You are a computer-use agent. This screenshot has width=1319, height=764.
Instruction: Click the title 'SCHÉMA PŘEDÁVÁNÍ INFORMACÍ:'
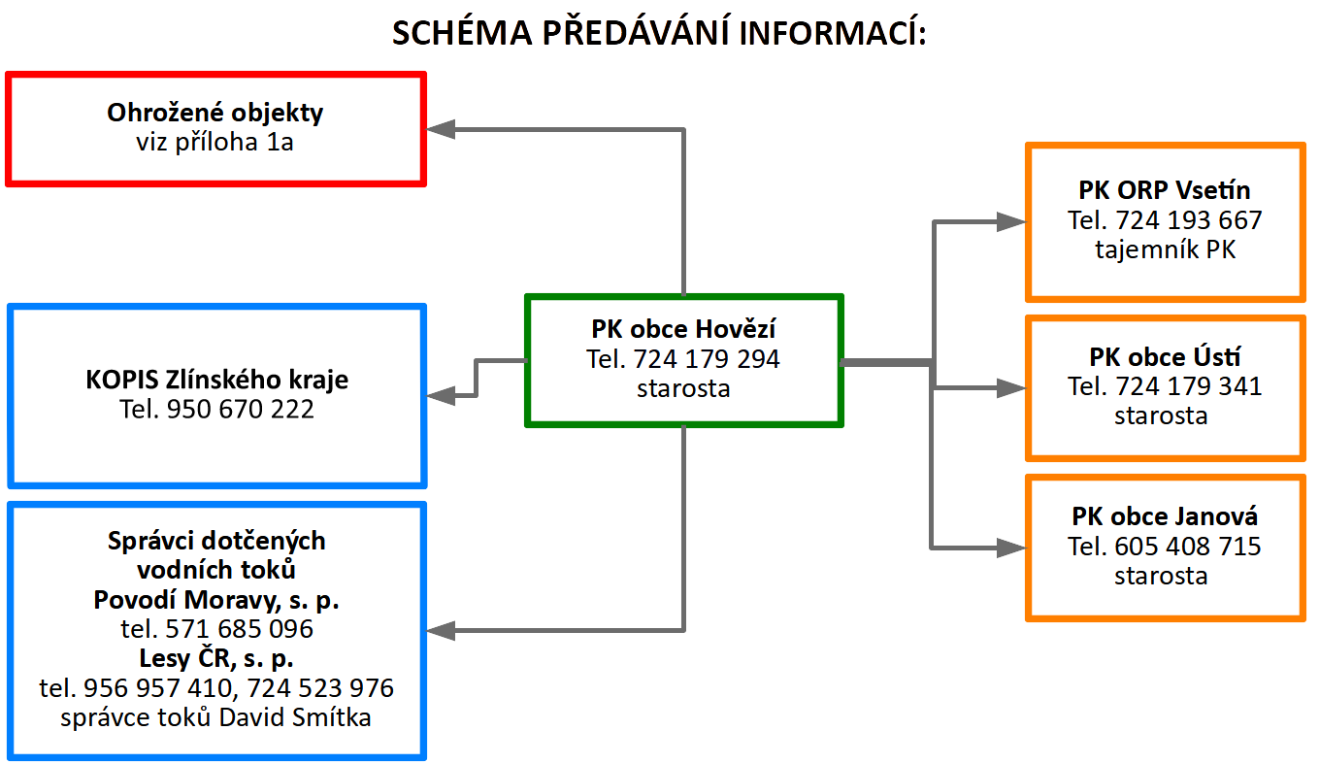coord(659,32)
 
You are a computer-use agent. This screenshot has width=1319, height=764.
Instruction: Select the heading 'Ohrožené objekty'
coord(214,113)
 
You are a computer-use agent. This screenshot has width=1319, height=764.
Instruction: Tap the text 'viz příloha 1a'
coord(214,143)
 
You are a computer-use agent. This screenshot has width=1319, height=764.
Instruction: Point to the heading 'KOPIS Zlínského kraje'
coord(216,380)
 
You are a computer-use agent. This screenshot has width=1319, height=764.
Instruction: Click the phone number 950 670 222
coord(241,410)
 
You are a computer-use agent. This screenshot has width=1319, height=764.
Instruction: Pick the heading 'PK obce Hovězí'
coord(683,329)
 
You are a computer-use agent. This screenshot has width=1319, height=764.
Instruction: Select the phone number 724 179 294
coord(706,359)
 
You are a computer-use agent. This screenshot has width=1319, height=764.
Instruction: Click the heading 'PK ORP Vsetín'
coord(1164,190)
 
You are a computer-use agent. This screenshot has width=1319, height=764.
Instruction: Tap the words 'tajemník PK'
coord(1165,249)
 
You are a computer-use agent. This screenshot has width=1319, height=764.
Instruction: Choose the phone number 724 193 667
coord(1188,220)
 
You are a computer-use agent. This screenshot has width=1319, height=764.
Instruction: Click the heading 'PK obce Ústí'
coord(1164,357)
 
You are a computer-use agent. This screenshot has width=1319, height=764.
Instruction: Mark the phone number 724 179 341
coord(1188,386)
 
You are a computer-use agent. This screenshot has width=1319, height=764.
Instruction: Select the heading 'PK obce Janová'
coord(1164,516)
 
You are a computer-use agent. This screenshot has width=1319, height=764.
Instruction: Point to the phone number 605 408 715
coord(1187,547)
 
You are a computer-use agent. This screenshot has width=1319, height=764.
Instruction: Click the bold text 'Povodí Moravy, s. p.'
coord(216,600)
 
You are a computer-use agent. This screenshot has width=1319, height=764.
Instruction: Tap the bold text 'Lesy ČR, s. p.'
coord(216,658)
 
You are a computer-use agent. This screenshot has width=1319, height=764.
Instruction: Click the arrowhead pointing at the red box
coord(441,129)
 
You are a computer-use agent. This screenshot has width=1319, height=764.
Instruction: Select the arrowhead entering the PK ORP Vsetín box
coord(1011,222)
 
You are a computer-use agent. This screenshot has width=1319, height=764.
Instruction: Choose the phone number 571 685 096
coord(239,629)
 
